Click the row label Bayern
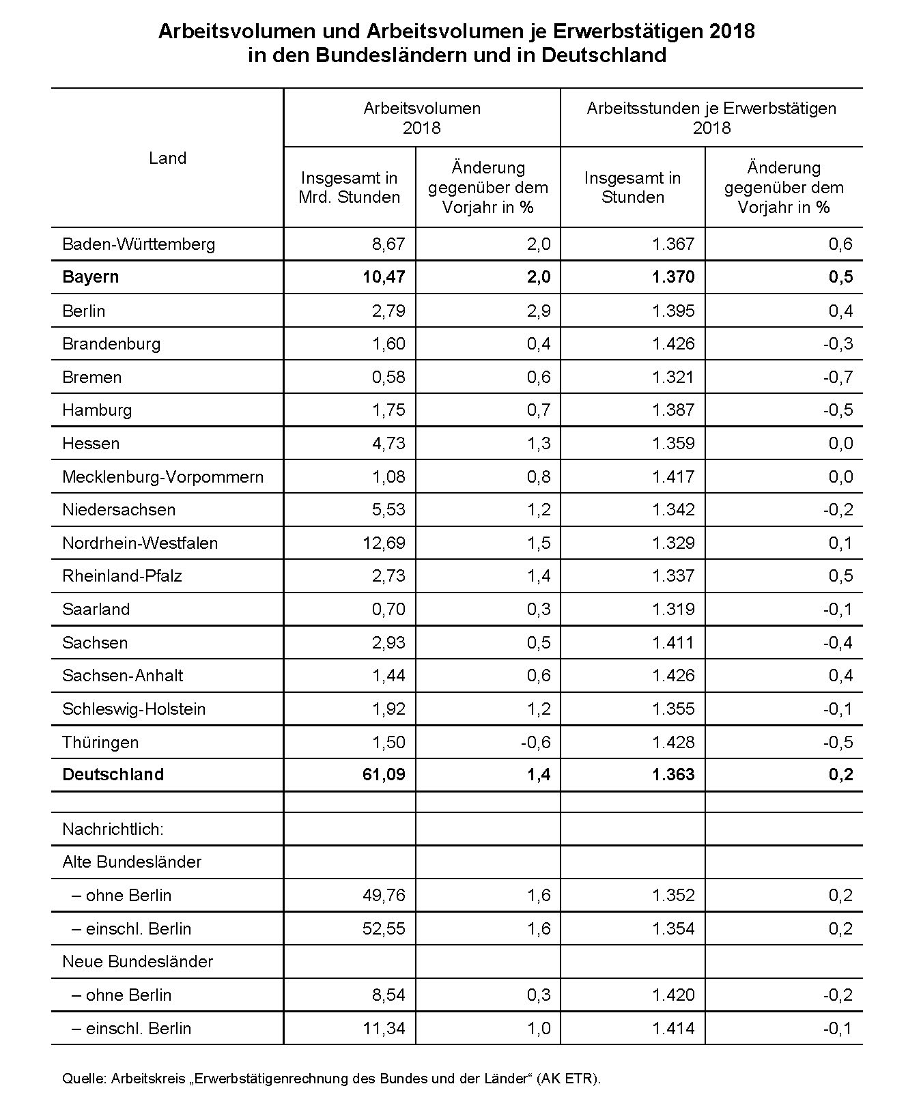click(90, 277)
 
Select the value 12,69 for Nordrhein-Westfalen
click(384, 543)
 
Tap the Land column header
click(167, 158)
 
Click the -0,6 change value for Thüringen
click(535, 743)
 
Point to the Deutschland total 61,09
click(384, 775)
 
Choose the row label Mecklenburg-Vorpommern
click(162, 476)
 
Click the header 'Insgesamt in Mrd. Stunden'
click(350, 188)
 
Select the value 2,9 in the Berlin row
click(539, 311)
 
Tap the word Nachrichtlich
click(113, 829)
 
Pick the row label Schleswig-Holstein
click(134, 709)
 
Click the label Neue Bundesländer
click(137, 962)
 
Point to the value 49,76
click(384, 896)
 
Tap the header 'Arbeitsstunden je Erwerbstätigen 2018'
click(711, 118)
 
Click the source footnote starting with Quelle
click(331, 1079)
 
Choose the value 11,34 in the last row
click(384, 1029)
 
